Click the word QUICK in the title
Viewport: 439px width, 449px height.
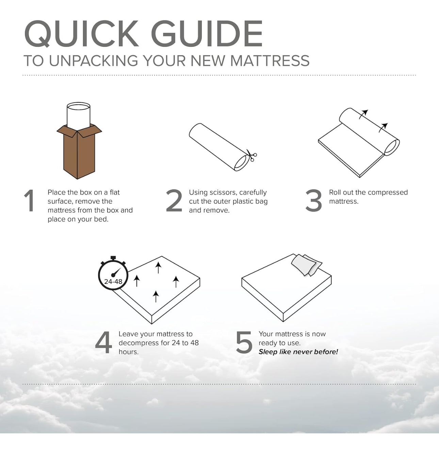(x=81, y=34)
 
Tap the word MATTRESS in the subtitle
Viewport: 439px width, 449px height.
(x=270, y=61)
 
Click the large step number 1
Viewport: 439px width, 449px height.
(x=29, y=200)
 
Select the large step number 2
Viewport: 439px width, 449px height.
(x=174, y=200)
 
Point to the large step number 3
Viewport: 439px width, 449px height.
(x=313, y=200)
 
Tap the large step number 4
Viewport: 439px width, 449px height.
(x=103, y=342)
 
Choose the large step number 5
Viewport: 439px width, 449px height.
(x=244, y=343)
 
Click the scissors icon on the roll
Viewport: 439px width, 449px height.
(x=251, y=155)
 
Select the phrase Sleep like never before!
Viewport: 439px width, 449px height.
(x=298, y=352)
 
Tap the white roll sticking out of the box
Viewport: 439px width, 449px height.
(x=79, y=116)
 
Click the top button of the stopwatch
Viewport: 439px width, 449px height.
(x=113, y=258)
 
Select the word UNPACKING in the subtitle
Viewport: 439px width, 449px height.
(x=94, y=61)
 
